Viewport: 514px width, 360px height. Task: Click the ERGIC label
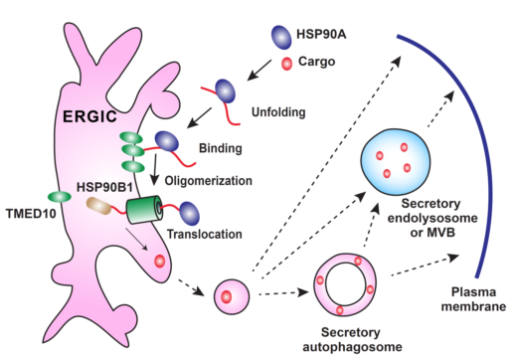(x=89, y=116)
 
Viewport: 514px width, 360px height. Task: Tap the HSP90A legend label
(x=321, y=34)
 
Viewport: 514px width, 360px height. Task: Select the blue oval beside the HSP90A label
(x=281, y=38)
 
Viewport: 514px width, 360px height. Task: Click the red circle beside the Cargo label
(x=286, y=64)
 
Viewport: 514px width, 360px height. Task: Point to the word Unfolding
(x=278, y=112)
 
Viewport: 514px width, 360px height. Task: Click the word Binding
(x=221, y=148)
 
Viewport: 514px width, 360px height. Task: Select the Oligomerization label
(x=209, y=181)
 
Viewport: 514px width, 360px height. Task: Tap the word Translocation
(x=205, y=234)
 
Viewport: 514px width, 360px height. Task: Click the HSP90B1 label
(x=104, y=187)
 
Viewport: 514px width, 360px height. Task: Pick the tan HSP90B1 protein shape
(x=98, y=206)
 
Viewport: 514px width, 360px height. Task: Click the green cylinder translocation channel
(x=144, y=211)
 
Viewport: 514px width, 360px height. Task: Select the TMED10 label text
(x=31, y=214)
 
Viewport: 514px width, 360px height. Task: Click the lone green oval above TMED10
(x=60, y=197)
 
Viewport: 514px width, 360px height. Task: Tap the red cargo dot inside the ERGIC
(x=160, y=262)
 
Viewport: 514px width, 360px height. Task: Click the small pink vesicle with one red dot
(x=231, y=296)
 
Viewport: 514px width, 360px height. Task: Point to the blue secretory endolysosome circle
(x=396, y=161)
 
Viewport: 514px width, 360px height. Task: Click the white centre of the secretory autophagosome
(x=345, y=284)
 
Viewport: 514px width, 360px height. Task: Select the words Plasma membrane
(x=473, y=299)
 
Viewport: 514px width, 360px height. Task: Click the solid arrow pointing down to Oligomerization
(x=154, y=169)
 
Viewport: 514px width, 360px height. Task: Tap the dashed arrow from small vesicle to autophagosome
(x=283, y=293)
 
